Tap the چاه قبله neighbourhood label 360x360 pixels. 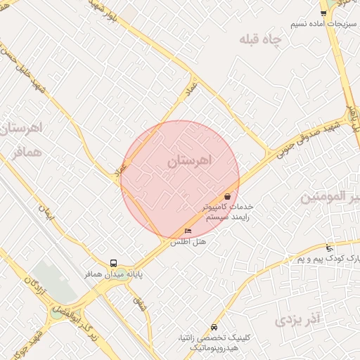point(259,40)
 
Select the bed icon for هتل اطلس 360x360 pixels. point(187,231)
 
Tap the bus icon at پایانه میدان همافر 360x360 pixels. point(114,263)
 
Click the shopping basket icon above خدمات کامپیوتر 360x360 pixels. point(227,196)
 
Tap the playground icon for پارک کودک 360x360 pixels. point(329,247)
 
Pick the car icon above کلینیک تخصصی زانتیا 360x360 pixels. point(214,327)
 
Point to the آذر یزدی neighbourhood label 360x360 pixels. point(297,321)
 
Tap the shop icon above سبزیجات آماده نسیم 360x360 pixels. point(323,13)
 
